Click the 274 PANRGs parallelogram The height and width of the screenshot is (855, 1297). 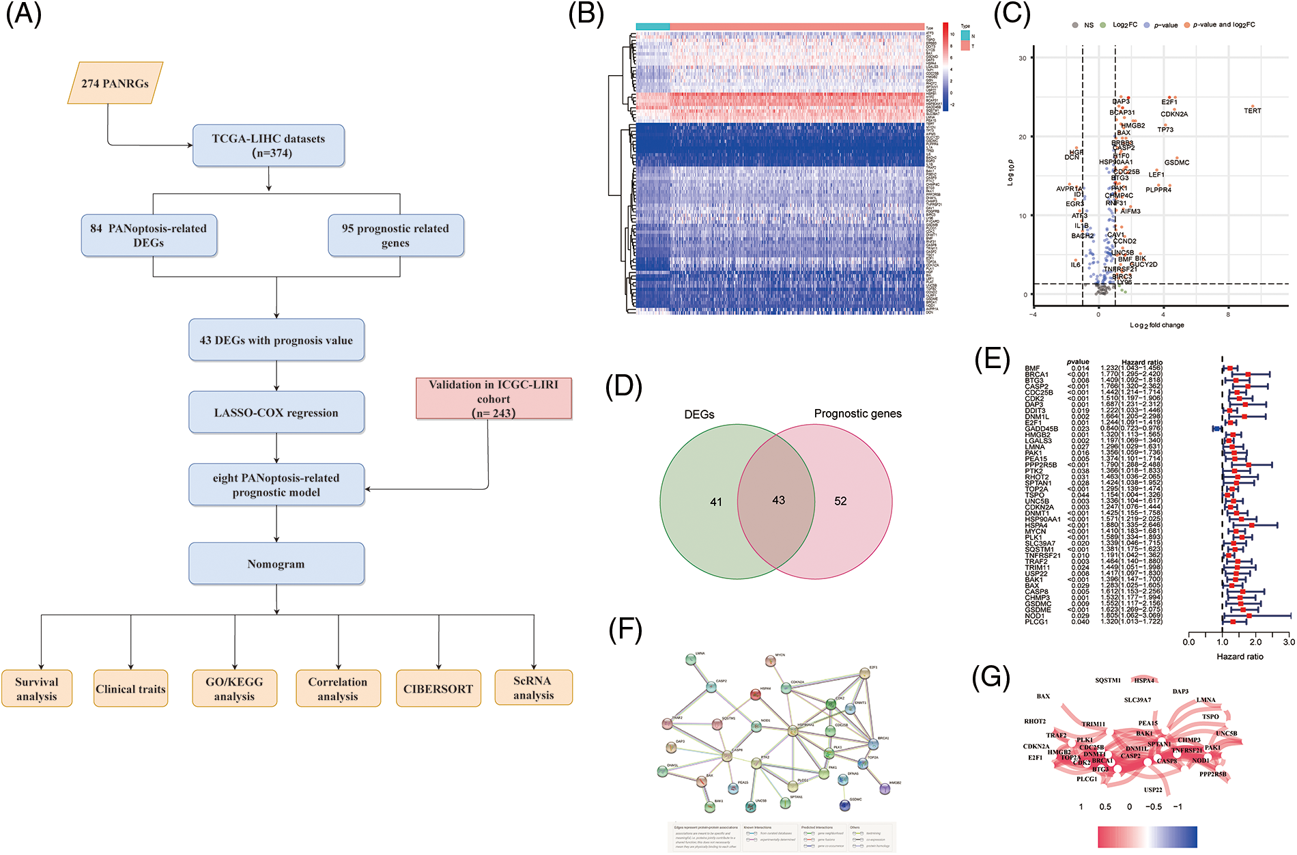[x=115, y=83]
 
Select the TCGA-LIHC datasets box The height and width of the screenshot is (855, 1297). [x=268, y=145]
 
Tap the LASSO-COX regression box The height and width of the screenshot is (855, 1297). [x=276, y=412]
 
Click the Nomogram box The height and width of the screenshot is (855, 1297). [x=276, y=564]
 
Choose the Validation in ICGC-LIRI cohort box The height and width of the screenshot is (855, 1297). [x=494, y=399]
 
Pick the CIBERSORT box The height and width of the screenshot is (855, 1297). [x=438, y=689]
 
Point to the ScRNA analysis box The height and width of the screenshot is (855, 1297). [x=533, y=688]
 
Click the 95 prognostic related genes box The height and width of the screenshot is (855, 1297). [x=395, y=236]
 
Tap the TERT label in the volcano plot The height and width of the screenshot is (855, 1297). [x=1252, y=111]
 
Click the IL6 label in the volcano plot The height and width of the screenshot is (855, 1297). [x=1075, y=265]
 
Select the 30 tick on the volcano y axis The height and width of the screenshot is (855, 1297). [x=1023, y=58]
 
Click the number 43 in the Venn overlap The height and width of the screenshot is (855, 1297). [x=778, y=501]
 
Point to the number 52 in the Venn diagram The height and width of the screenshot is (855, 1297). [x=840, y=501]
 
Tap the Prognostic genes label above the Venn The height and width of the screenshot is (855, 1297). [x=857, y=414]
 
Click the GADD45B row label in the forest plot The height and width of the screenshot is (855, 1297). [x=1041, y=429]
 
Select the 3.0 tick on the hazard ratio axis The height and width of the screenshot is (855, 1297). [x=1289, y=642]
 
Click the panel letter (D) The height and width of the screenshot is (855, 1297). [x=623, y=387]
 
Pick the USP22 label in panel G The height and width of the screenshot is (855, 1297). [x=1153, y=790]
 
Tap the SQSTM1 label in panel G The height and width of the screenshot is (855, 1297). [x=1108, y=680]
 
